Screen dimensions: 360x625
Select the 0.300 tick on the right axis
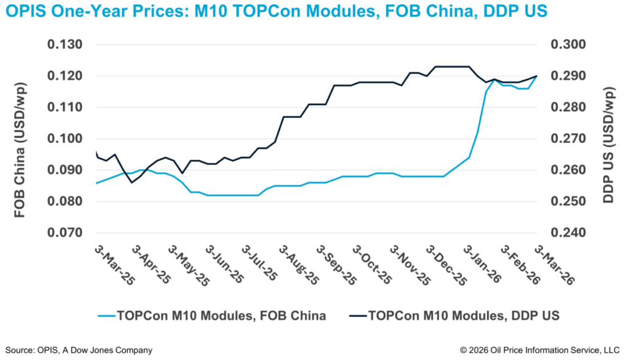coord(568,45)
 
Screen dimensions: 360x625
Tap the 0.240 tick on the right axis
coord(568,232)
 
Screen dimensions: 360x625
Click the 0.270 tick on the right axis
coord(568,139)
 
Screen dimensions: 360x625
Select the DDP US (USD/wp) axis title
coord(608,139)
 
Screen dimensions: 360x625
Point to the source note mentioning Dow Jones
coord(79,350)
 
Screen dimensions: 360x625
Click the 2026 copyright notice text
coord(540,350)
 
